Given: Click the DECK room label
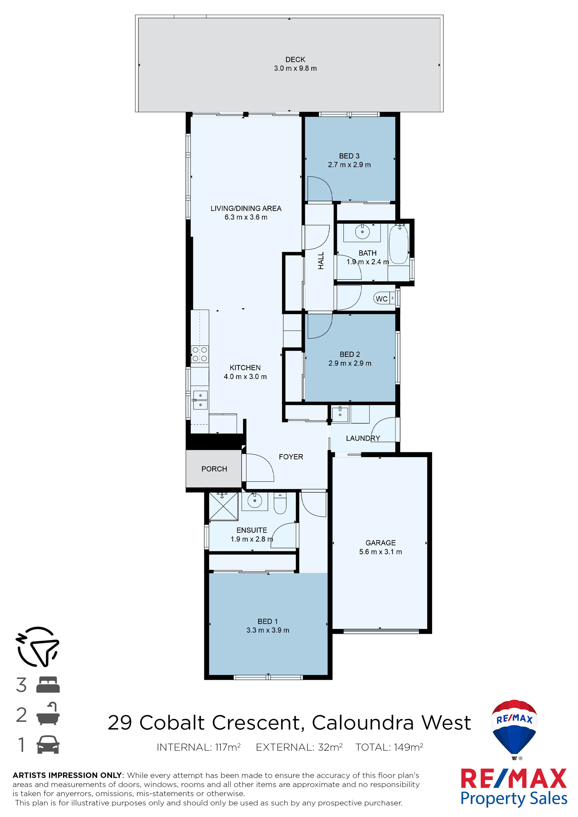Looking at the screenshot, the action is pyautogui.click(x=295, y=60).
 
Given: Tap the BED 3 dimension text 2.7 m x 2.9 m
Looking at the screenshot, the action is pyautogui.click(x=349, y=165).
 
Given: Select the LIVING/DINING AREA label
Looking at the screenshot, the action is pyautogui.click(x=246, y=208).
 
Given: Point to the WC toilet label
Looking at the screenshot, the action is pyautogui.click(x=381, y=299).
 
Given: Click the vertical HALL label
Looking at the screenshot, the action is pyautogui.click(x=321, y=261).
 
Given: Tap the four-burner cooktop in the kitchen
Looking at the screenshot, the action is pyautogui.click(x=200, y=354).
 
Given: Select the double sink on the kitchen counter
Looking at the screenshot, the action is pyautogui.click(x=200, y=400).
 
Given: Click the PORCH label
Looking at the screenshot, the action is pyautogui.click(x=214, y=469).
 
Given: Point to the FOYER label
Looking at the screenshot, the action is pyautogui.click(x=291, y=457).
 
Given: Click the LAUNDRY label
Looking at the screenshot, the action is pyautogui.click(x=363, y=438).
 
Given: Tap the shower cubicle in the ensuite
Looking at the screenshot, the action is pyautogui.click(x=223, y=506).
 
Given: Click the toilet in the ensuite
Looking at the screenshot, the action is pyautogui.click(x=280, y=504).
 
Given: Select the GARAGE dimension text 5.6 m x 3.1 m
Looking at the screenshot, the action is pyautogui.click(x=381, y=552).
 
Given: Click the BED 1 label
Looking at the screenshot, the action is pyautogui.click(x=267, y=621).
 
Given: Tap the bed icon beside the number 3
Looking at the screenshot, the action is pyautogui.click(x=48, y=685).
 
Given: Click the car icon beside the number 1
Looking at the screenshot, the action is pyautogui.click(x=48, y=744).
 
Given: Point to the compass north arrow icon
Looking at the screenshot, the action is pyautogui.click(x=37, y=647).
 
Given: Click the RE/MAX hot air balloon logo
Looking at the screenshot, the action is pyautogui.click(x=514, y=729).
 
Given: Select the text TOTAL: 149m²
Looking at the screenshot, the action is pyautogui.click(x=389, y=747).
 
